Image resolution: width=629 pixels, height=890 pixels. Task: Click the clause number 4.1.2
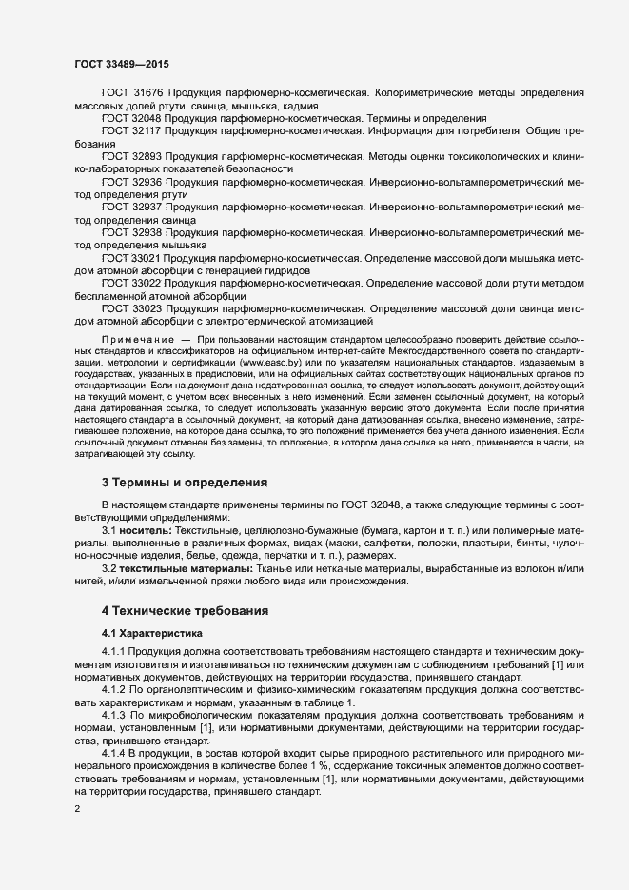115,689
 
